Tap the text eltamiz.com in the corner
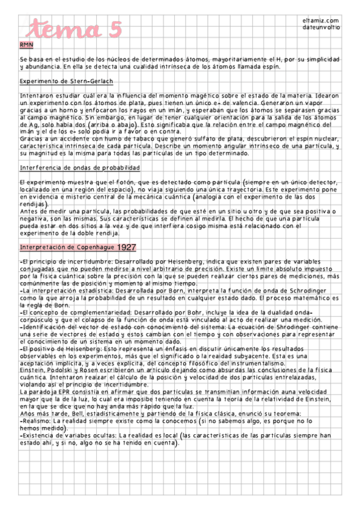[x=322, y=21]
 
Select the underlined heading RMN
[x=26, y=45]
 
